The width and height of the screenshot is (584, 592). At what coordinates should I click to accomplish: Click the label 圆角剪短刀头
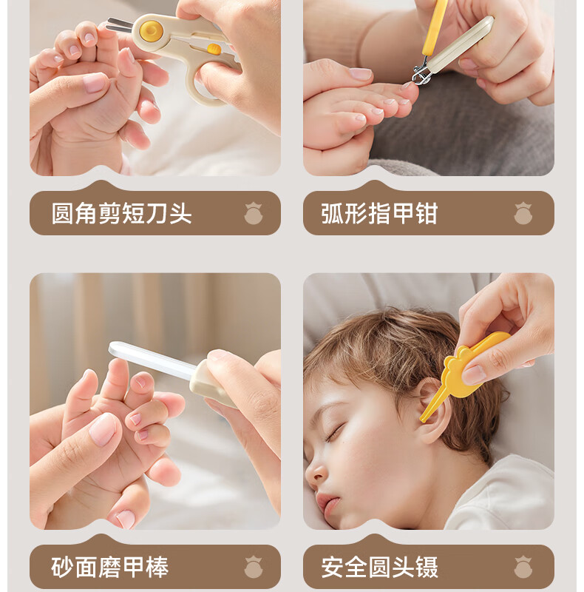tap(121, 214)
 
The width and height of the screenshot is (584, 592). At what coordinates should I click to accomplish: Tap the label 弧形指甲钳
tap(379, 214)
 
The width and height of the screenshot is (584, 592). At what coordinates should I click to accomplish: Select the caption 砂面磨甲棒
tap(110, 568)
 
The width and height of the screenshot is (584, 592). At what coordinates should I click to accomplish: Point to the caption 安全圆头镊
tap(379, 568)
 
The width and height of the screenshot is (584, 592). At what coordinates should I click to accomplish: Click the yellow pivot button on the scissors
tap(152, 30)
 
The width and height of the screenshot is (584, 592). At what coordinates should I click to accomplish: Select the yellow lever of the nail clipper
tap(435, 30)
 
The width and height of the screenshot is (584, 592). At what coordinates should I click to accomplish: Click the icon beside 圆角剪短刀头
tap(253, 214)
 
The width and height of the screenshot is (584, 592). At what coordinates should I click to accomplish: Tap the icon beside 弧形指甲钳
tap(523, 214)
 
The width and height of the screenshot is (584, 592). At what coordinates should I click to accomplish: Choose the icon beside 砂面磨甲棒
tap(253, 568)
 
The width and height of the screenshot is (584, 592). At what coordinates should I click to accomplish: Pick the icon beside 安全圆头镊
tap(523, 568)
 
